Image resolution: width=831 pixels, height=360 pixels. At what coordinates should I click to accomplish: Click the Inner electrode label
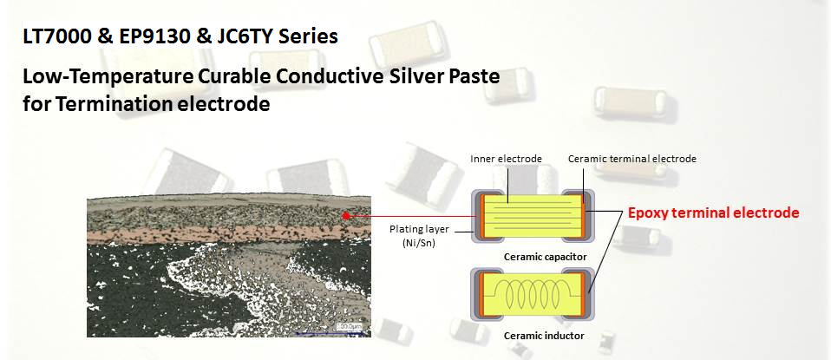click(x=506, y=159)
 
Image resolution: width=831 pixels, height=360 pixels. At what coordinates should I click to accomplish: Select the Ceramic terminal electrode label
click(x=631, y=159)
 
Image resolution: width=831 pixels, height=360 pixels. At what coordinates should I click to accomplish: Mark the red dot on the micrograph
click(x=346, y=215)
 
